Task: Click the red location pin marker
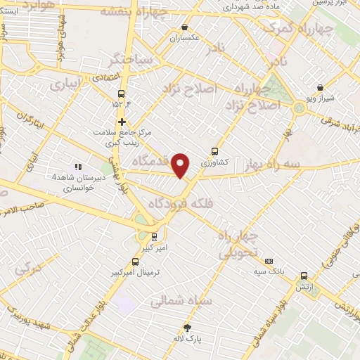coord(181,165)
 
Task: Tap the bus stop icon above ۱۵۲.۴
coord(122,94)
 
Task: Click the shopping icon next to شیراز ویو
coord(321,88)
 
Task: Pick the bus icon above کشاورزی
coord(214,150)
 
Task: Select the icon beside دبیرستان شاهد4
coord(77,167)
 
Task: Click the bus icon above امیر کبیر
coord(154,236)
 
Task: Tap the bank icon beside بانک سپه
coord(268,259)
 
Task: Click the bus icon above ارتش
coord(304,276)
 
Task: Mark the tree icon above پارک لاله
coord(187,327)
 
